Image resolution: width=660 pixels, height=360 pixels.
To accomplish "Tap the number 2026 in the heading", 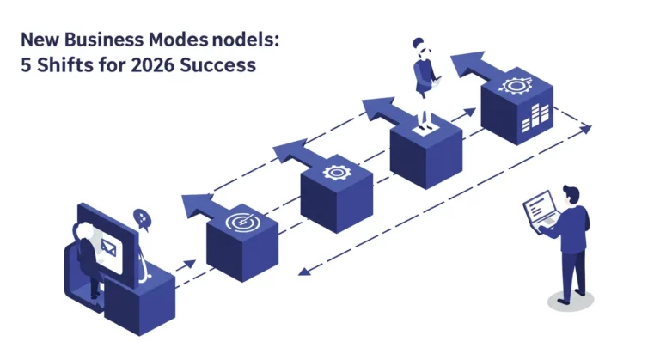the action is pyautogui.click(x=152, y=65).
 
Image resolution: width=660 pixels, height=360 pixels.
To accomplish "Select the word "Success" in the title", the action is pyautogui.click(x=217, y=65).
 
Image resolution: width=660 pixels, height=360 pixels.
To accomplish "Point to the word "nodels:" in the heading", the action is pyautogui.click(x=246, y=40).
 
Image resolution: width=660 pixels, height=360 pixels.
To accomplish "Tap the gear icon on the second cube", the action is pyautogui.click(x=336, y=173).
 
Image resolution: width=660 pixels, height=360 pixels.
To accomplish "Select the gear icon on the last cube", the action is pyautogui.click(x=516, y=85).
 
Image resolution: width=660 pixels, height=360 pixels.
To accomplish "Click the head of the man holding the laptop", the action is pyautogui.click(x=571, y=194).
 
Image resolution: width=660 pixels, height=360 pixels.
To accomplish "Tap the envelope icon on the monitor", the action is pyautogui.click(x=108, y=248).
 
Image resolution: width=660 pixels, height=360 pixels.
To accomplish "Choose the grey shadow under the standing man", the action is pyautogui.click(x=571, y=301).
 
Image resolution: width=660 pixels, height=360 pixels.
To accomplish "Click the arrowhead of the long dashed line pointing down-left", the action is pyautogui.click(x=304, y=271).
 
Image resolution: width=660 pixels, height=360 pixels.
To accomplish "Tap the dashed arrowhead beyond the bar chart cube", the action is pyautogui.click(x=585, y=128).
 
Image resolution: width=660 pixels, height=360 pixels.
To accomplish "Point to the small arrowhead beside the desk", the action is pyautogui.click(x=190, y=264).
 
